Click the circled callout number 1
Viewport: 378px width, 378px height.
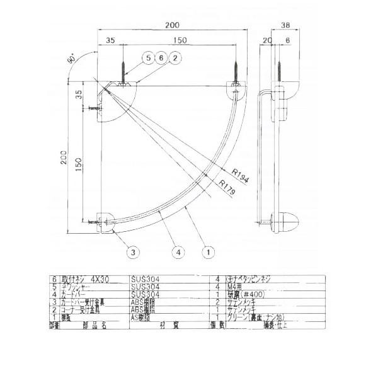point(206,253)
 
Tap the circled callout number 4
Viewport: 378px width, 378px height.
point(179,253)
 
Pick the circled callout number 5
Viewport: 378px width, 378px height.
point(147,58)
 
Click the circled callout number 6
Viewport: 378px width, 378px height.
point(161,58)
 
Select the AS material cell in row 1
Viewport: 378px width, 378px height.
point(142,318)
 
